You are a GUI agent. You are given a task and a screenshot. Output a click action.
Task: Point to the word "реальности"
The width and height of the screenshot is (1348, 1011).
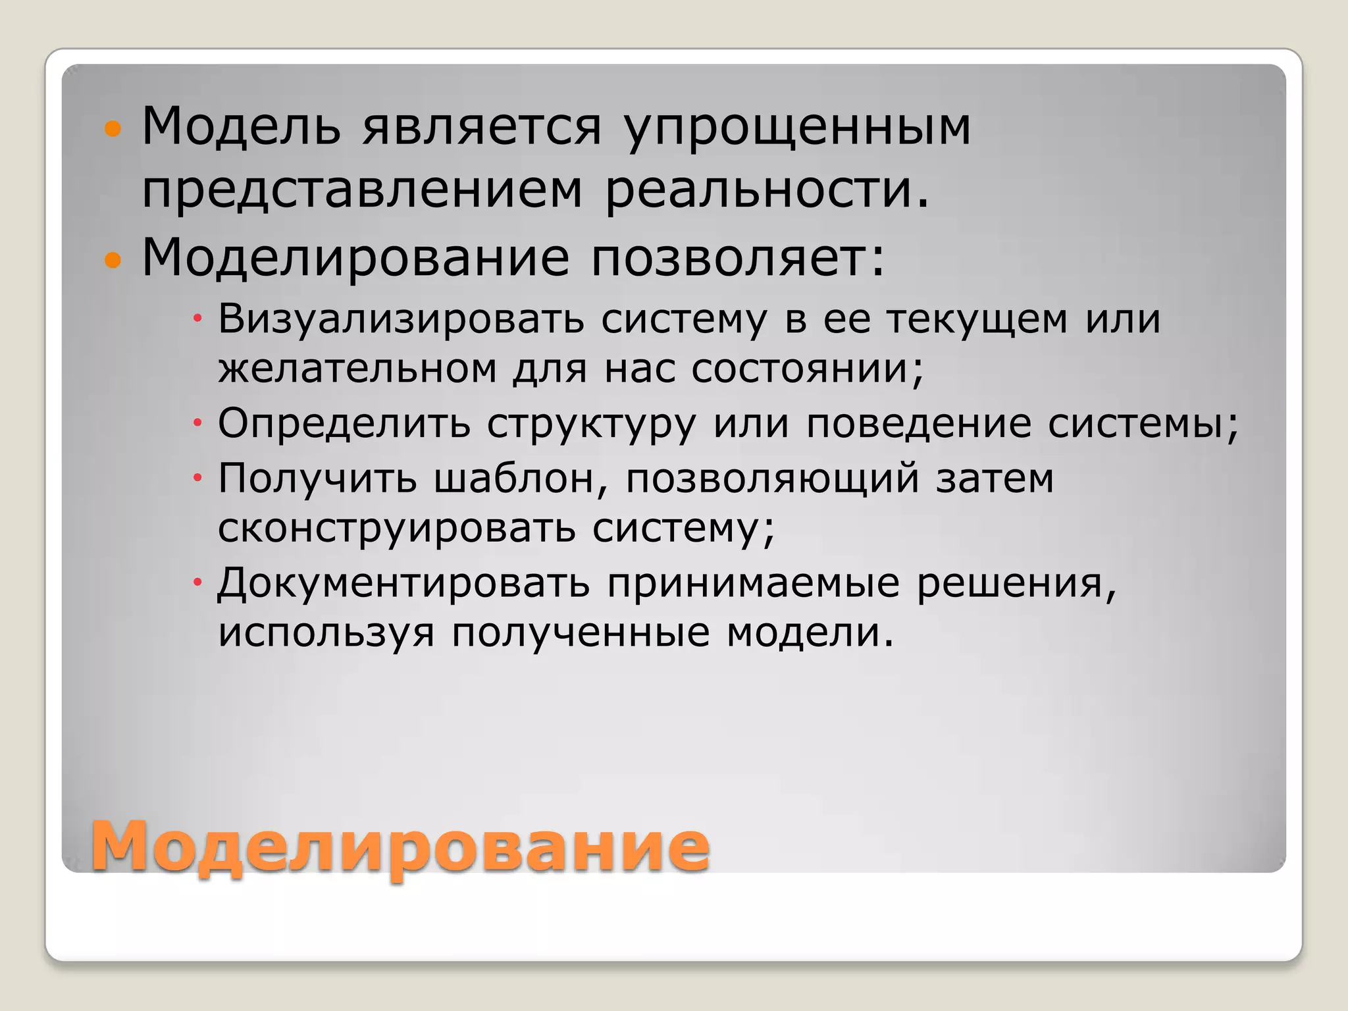click(767, 191)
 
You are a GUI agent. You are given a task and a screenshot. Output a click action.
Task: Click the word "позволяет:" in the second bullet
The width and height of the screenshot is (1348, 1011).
click(737, 257)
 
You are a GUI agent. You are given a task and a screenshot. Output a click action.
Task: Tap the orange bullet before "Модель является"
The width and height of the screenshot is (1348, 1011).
click(113, 128)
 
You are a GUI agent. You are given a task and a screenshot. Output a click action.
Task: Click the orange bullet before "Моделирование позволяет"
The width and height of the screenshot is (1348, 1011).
click(113, 261)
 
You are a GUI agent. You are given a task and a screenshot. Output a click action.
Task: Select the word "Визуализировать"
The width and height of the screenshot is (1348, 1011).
click(401, 320)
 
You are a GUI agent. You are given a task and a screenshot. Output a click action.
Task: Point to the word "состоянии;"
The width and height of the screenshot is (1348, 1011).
click(808, 369)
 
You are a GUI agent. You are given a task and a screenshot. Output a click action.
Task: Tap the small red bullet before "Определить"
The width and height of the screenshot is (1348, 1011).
click(196, 423)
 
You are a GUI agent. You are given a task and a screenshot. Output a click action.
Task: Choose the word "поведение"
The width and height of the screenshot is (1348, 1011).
click(919, 423)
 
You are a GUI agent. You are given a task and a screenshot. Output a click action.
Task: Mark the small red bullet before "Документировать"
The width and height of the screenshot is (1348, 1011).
click(196, 583)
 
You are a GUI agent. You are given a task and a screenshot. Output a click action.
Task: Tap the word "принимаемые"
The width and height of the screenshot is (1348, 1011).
click(753, 583)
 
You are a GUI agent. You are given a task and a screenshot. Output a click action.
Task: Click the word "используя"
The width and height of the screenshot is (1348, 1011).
click(326, 633)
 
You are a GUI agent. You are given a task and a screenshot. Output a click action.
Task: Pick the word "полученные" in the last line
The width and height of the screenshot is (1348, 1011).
click(581, 633)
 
